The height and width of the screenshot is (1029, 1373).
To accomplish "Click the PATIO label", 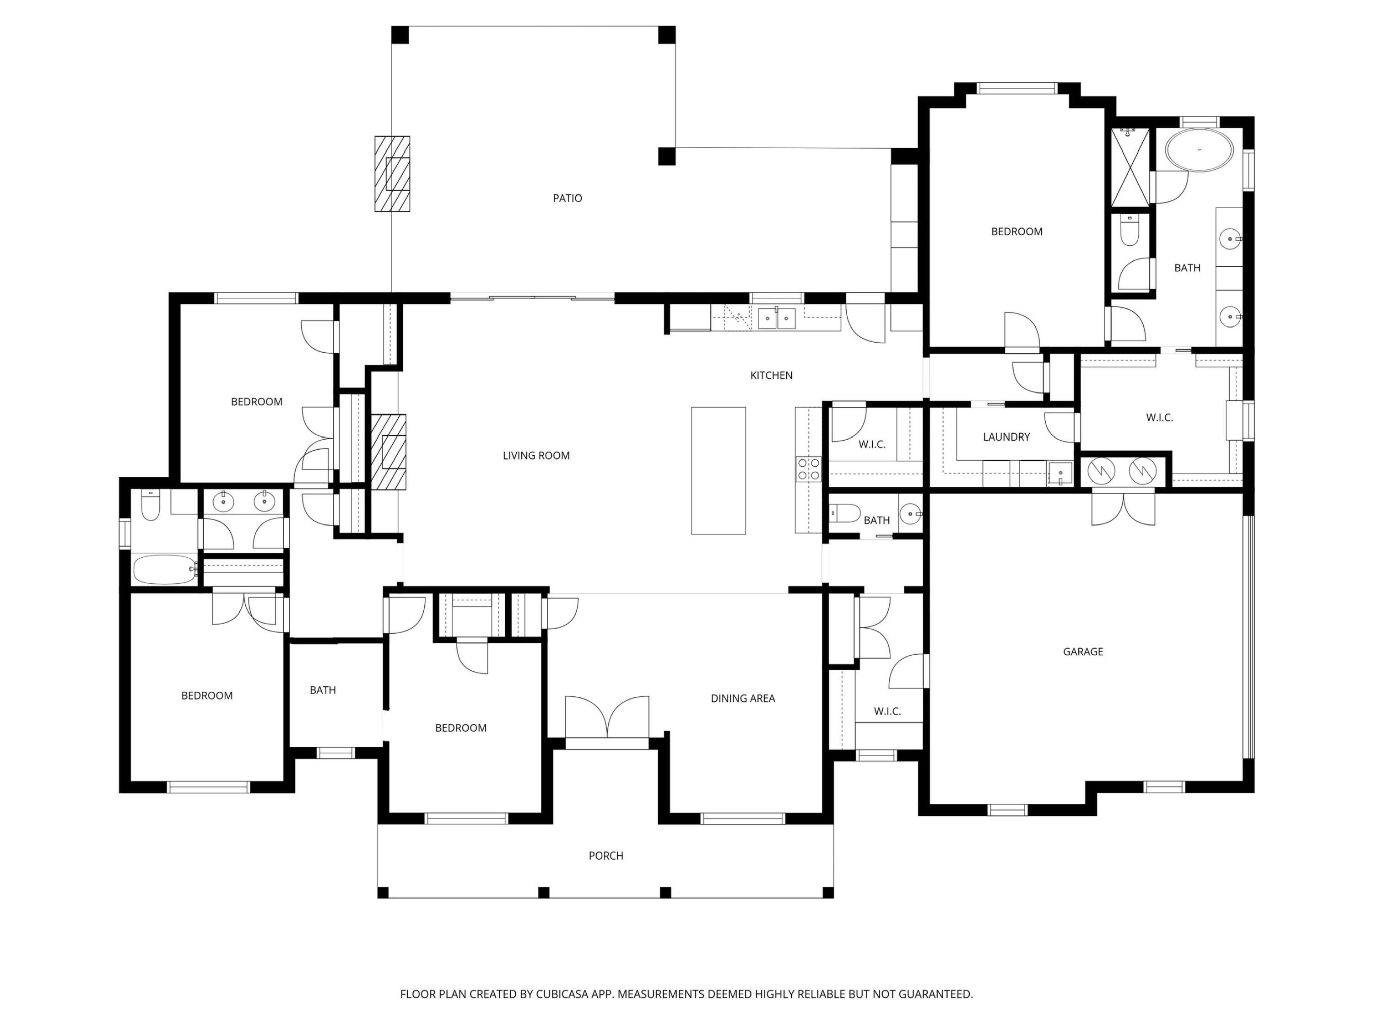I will [568, 198].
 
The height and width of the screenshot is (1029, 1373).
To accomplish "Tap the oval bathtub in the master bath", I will [1199, 150].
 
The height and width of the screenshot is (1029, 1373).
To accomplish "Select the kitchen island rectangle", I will [718, 470].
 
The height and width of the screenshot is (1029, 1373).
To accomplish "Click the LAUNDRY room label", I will [1006, 437].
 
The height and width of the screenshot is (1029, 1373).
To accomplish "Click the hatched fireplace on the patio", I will [392, 174].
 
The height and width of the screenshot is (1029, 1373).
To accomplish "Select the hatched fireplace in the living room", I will [389, 452].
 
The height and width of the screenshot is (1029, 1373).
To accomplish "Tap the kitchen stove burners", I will [808, 469].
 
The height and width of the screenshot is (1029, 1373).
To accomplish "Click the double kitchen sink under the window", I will [777, 318].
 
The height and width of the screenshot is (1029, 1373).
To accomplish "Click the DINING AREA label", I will [742, 698].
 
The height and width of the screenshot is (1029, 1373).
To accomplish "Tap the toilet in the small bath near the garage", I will [845, 513].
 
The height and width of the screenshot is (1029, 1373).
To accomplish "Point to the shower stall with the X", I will [1130, 167].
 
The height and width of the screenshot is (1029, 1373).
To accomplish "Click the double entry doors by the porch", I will [607, 719].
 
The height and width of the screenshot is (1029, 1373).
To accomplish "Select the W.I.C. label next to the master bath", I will [1159, 418].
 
